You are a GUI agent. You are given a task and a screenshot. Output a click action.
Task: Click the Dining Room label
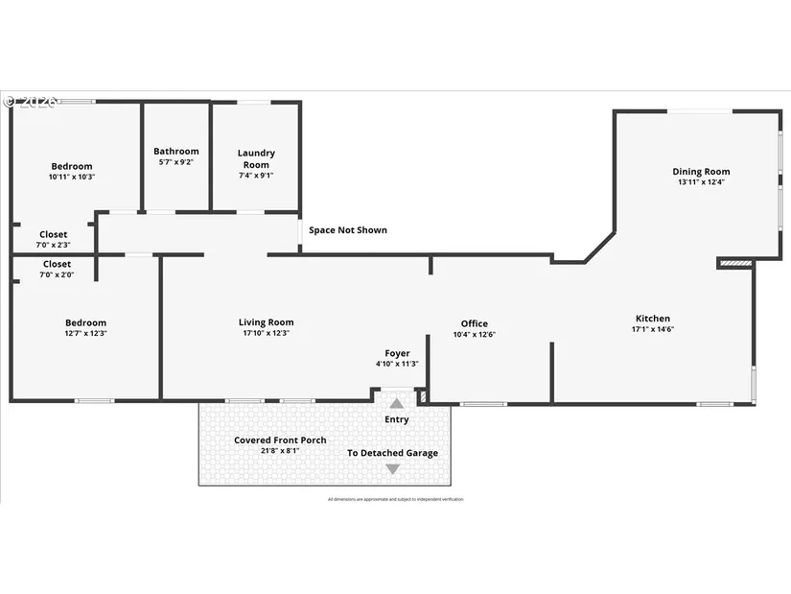pos(702,172)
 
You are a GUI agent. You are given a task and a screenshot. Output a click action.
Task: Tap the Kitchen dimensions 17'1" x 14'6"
pos(652,330)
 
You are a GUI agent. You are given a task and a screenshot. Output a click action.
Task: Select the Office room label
pos(474,323)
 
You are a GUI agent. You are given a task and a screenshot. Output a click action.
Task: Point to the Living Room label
pos(266,322)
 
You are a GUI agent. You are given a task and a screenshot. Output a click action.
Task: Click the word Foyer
pos(397,353)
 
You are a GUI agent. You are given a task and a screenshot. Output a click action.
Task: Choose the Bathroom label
pos(176,151)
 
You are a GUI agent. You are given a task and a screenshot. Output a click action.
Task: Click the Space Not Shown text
pos(348,230)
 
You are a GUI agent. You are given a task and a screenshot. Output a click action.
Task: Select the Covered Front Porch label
pos(280,440)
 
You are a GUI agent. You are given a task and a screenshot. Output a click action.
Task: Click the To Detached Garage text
pos(392,453)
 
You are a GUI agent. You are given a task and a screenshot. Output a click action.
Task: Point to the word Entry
pos(396,419)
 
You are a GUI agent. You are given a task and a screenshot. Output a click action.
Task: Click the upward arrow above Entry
pos(396,403)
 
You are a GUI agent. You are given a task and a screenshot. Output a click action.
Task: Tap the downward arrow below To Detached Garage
pos(392,469)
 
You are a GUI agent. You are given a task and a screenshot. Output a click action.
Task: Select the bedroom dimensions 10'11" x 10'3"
pos(72,177)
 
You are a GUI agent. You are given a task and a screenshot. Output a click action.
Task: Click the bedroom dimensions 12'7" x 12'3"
pos(85,333)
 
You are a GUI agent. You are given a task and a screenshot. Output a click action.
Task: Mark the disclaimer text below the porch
pos(395,499)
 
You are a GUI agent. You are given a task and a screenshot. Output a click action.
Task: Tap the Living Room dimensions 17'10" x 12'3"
pos(266,333)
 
